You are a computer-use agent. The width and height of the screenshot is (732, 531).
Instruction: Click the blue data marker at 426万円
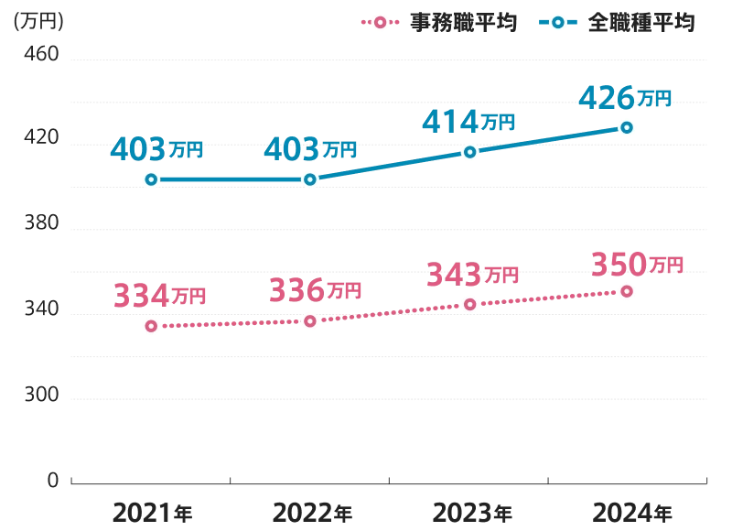tap(626, 127)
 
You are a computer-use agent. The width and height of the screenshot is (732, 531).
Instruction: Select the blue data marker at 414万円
tap(469, 152)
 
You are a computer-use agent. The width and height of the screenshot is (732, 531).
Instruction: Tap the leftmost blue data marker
tap(151, 179)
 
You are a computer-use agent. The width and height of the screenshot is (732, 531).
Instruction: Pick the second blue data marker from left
tap(310, 179)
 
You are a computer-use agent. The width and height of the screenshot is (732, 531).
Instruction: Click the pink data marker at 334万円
tap(151, 325)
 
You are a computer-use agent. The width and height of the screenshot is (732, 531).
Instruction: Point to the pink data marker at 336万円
tap(310, 320)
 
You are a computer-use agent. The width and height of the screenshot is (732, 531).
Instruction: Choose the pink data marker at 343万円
tap(469, 303)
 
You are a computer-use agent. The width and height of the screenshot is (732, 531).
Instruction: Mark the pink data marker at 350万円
tap(626, 291)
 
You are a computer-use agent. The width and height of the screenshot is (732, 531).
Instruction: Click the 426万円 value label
tap(626, 96)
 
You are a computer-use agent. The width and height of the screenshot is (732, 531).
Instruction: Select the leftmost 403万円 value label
tap(157, 148)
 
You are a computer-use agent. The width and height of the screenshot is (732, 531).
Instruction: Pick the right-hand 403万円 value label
tap(310, 148)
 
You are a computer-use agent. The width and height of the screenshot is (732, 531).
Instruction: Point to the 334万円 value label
tap(159, 295)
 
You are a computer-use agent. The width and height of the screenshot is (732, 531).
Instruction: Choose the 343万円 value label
tap(472, 272)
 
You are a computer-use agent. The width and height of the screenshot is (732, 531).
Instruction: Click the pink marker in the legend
tap(380, 22)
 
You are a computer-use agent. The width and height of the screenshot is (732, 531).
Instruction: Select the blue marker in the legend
tap(557, 22)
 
